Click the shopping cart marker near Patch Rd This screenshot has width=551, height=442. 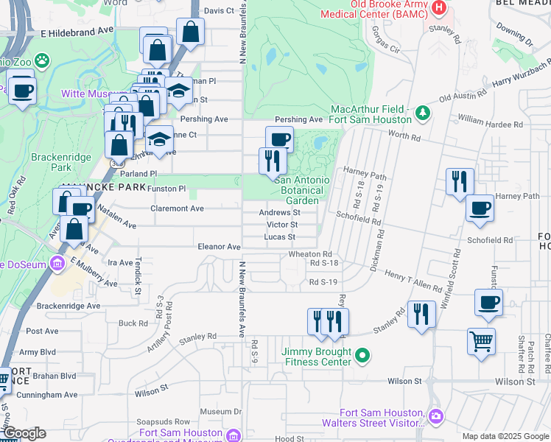(481, 342)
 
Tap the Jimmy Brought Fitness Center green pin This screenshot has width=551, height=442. (362, 357)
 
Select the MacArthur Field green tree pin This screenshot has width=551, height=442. (423, 112)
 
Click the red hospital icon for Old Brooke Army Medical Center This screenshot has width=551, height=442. (439, 8)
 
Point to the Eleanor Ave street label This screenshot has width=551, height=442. (219, 247)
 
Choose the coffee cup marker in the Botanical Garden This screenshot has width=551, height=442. (279, 138)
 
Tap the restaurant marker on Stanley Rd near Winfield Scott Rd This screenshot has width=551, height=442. (421, 315)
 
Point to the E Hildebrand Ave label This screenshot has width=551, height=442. (77, 34)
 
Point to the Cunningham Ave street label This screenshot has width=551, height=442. (49, 395)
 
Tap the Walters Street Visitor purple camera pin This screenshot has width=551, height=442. (436, 417)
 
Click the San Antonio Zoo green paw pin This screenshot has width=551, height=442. (43, 59)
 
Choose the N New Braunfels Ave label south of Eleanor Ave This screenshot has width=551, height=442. (242, 298)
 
